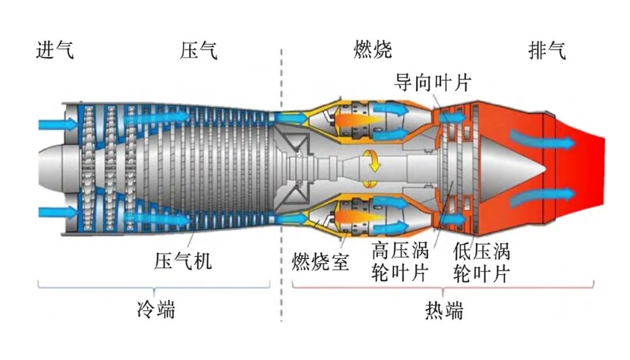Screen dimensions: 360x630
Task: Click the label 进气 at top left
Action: [55, 51]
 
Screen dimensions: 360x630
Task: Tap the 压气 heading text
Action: [198, 51]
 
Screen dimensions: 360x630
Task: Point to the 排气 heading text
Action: [547, 51]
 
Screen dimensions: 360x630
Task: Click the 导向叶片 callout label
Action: [432, 82]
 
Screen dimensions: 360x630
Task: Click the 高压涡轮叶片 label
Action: [400, 262]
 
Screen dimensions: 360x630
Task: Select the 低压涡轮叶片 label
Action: [481, 262]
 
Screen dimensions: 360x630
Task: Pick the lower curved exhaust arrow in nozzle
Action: [540, 197]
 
